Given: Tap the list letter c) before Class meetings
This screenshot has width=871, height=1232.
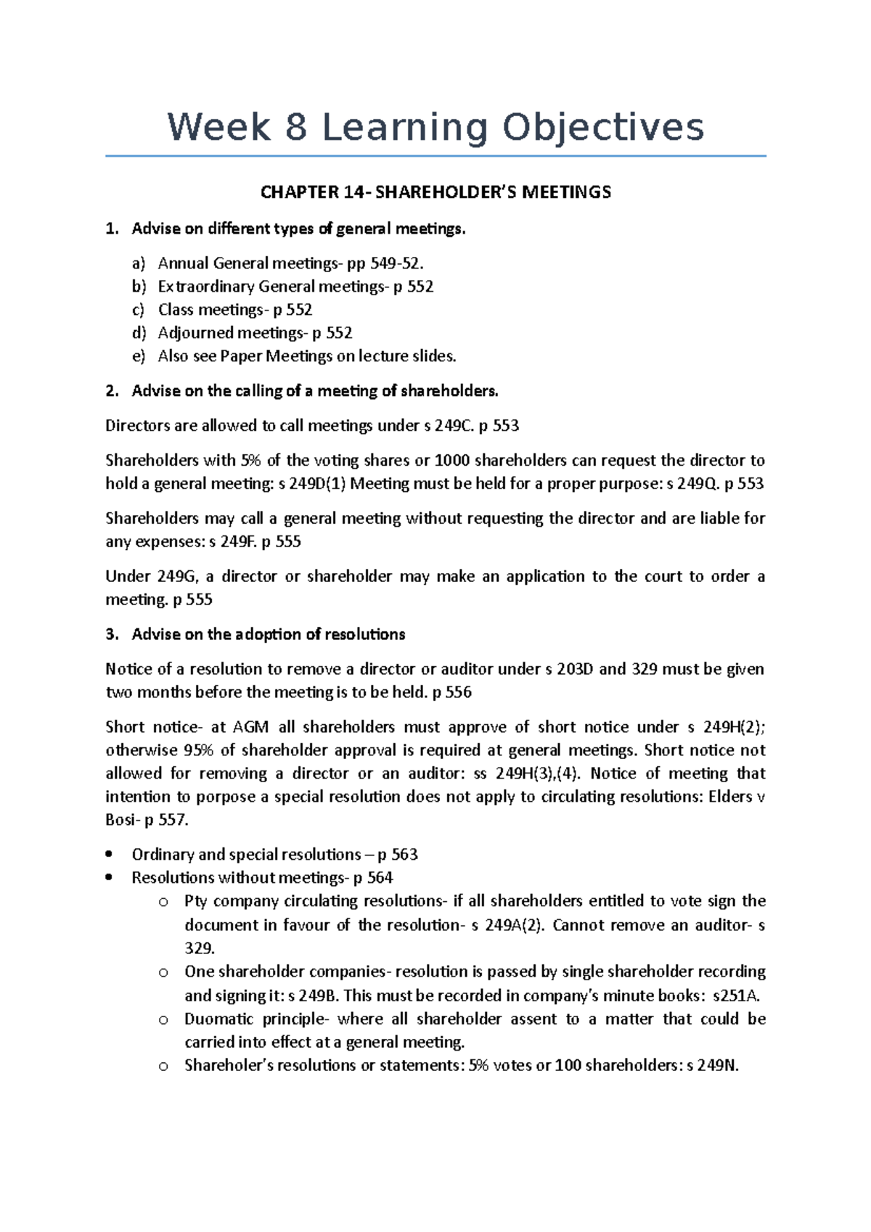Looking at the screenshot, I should click(138, 310).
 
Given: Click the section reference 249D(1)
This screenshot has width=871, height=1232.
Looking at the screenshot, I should click(319, 484).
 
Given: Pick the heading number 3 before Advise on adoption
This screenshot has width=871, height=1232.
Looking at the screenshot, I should click(110, 635).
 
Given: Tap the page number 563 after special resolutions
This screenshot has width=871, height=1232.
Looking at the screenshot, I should click(404, 855).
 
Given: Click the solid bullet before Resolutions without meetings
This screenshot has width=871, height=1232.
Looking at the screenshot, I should click(109, 878).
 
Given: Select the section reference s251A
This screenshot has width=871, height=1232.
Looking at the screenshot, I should click(737, 996).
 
